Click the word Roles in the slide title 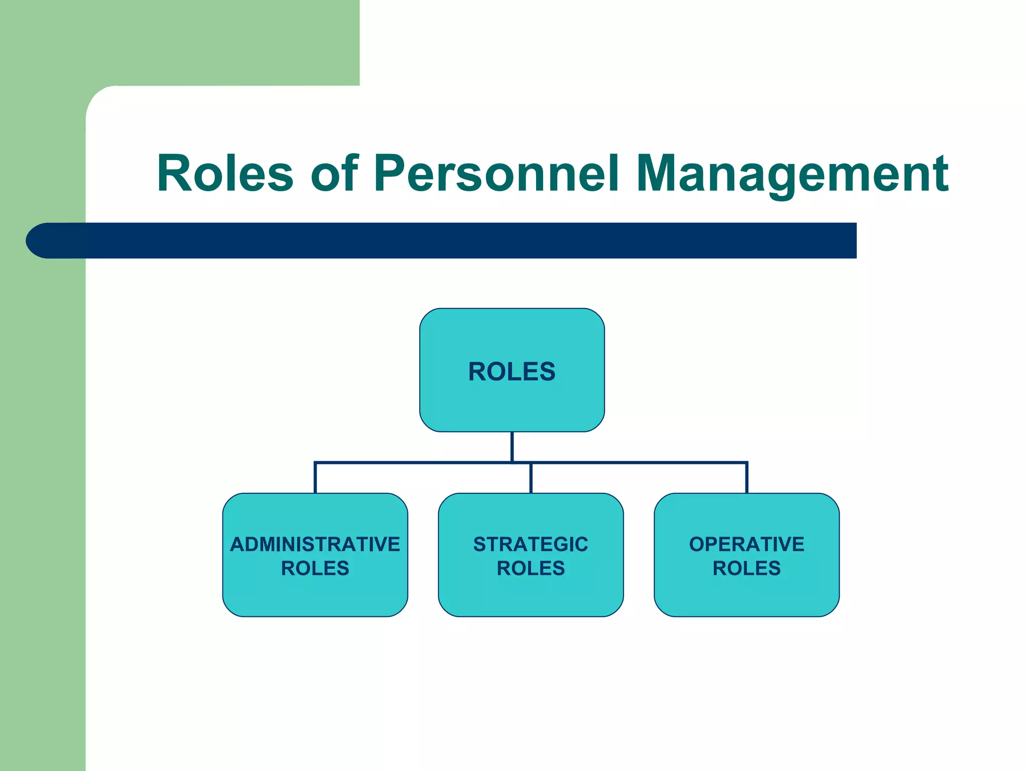[x=225, y=173]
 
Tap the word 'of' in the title [x=334, y=173]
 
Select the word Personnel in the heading [x=496, y=173]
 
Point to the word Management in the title [x=792, y=173]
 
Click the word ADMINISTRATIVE [x=315, y=544]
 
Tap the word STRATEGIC [x=531, y=544]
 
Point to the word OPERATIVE [x=746, y=544]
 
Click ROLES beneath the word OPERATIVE [x=746, y=568]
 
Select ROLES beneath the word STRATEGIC [x=531, y=568]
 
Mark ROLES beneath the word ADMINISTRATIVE [x=315, y=568]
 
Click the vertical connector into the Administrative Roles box [x=315, y=478]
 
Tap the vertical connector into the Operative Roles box [x=747, y=478]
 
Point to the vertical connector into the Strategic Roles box [x=531, y=478]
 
